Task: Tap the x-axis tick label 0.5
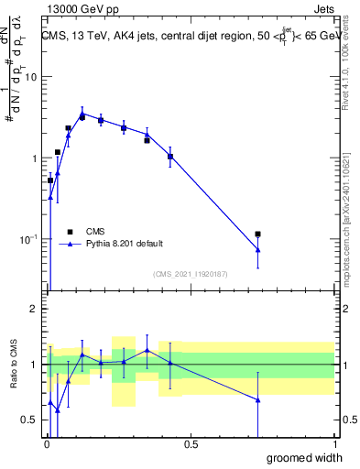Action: (x=191, y=444)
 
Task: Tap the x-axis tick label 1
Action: (x=334, y=444)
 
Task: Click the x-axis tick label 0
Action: (x=47, y=444)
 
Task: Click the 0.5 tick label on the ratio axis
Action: (x=30, y=420)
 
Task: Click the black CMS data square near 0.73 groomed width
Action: (x=258, y=234)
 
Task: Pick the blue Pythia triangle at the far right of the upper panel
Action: (x=258, y=250)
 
